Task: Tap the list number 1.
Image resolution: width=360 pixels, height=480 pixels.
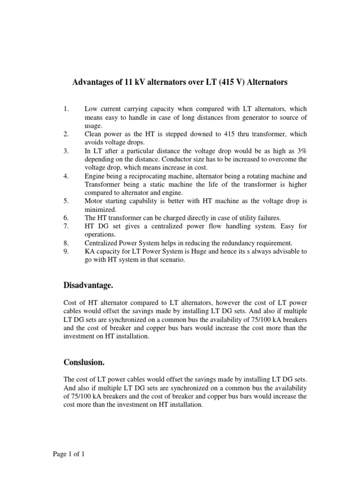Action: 66,109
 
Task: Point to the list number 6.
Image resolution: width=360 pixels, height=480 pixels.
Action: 66,218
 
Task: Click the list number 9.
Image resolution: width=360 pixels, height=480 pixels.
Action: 66,252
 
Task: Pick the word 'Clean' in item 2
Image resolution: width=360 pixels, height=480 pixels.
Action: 93,134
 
